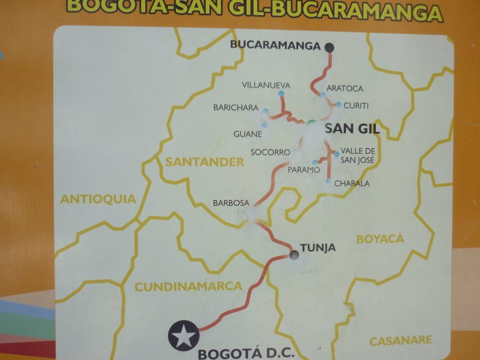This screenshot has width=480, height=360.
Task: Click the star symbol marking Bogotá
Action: point(183,335)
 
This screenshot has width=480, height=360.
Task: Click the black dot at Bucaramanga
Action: point(329,47)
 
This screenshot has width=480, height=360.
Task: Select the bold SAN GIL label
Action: point(351,129)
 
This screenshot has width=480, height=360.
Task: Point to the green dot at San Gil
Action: point(311,124)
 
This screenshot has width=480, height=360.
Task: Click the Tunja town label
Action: point(317,248)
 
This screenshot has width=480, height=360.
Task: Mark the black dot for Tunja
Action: point(293,254)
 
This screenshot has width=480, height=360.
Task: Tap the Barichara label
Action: point(235,107)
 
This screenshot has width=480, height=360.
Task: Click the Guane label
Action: point(247,134)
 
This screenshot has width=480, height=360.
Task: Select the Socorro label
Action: point(270,152)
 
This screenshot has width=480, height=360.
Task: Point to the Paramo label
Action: point(303,170)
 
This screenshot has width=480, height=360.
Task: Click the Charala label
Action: point(351,183)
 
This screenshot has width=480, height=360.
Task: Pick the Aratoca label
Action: point(345,89)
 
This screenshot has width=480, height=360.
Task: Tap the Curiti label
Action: point(355,105)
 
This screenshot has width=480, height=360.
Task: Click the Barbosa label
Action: point(231,202)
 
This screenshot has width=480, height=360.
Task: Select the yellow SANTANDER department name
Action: point(195,161)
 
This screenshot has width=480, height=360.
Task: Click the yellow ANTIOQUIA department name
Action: point(98,199)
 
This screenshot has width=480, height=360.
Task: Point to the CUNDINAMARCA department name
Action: point(188,286)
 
